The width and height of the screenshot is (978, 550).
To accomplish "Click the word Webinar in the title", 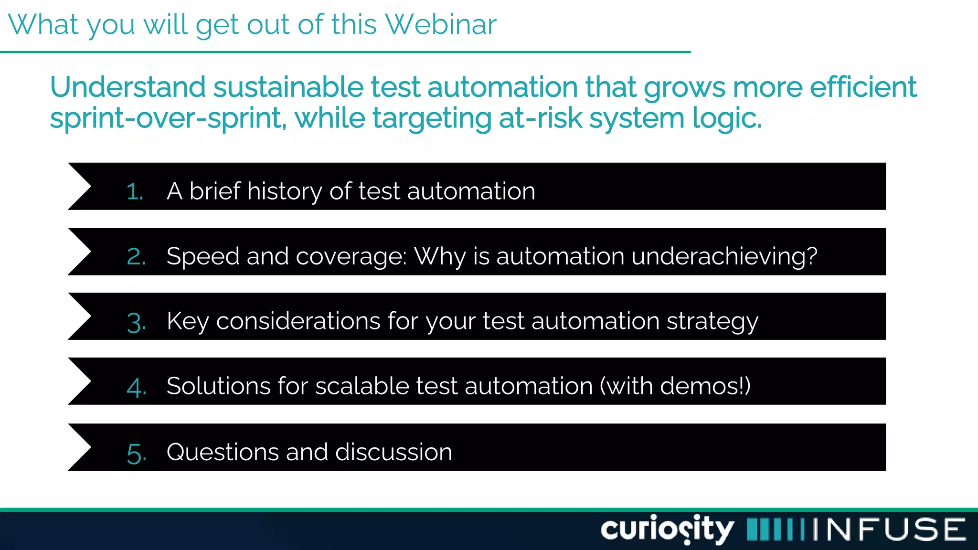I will [x=440, y=25].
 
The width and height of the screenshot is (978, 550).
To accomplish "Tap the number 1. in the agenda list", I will [x=135, y=192].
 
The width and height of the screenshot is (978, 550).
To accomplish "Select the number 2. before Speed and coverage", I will [x=136, y=257].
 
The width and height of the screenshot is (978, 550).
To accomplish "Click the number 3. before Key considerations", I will [x=136, y=322].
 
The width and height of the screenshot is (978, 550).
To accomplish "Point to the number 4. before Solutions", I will [x=136, y=387].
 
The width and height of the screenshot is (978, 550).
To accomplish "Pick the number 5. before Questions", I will [x=136, y=453].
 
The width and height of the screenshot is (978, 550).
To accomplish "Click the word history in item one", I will [x=284, y=192].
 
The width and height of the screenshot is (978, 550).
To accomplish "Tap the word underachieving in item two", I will [x=724, y=257].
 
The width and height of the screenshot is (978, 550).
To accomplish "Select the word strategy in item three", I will [x=712, y=322].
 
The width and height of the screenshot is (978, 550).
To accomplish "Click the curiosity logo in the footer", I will [x=667, y=529].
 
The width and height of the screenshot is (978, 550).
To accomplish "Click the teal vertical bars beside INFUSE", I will [x=776, y=529].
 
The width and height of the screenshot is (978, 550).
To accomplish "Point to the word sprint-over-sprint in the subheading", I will [x=168, y=118].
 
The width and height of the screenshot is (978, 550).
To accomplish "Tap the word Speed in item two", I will [x=203, y=257].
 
